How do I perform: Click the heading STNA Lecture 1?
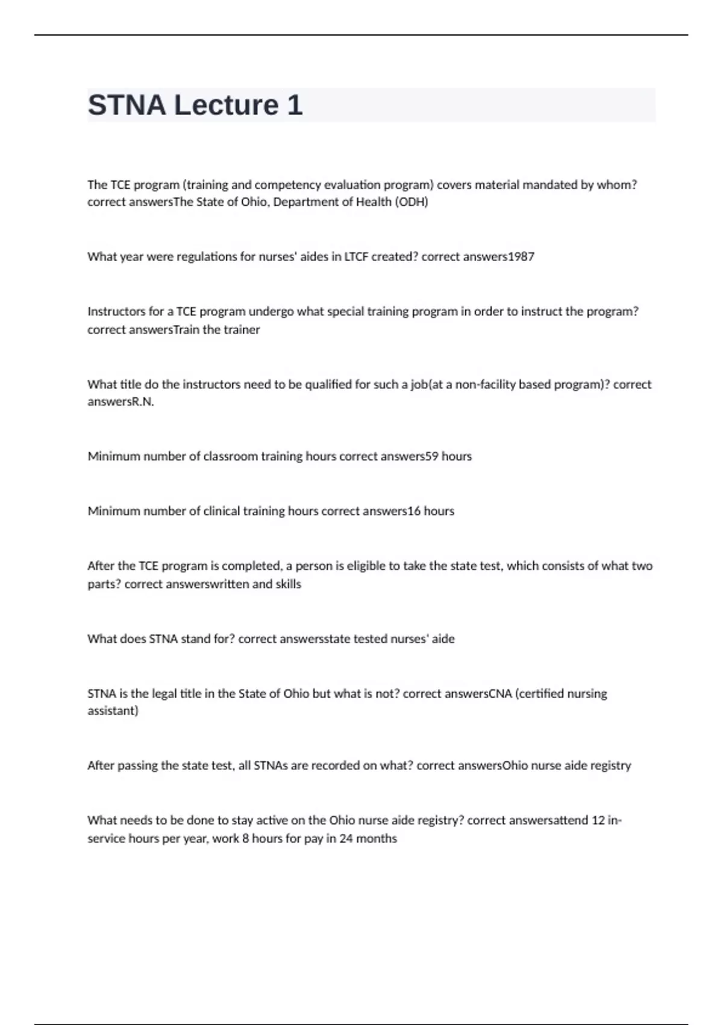(195, 106)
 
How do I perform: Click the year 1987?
(521, 257)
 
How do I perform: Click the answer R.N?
(143, 402)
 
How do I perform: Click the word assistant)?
(113, 711)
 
